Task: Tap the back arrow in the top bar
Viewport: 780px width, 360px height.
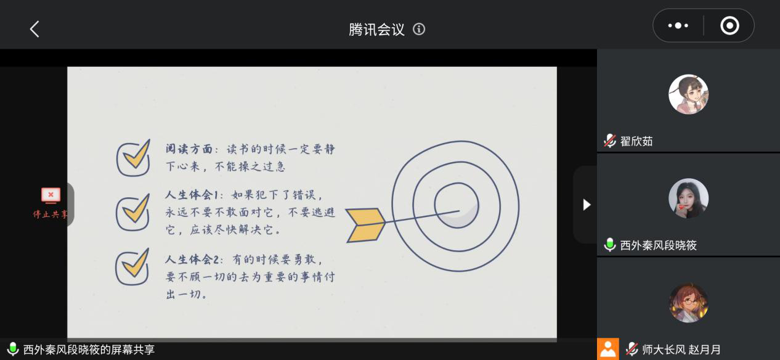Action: click(x=35, y=29)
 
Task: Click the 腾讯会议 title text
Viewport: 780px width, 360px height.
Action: click(x=376, y=29)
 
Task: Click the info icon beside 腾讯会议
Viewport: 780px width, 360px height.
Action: click(x=419, y=29)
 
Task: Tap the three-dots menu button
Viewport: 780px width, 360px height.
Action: click(x=678, y=25)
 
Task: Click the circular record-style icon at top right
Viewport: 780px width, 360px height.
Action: click(x=729, y=25)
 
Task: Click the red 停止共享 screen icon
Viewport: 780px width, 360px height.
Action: click(x=51, y=195)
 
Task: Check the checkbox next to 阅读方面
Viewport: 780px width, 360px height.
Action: click(x=133, y=158)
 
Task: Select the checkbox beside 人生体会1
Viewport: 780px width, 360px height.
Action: click(x=133, y=213)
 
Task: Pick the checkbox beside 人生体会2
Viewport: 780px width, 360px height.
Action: click(x=132, y=267)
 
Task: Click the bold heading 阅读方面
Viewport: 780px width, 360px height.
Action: click(x=189, y=149)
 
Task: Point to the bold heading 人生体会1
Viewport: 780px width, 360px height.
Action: click(x=192, y=194)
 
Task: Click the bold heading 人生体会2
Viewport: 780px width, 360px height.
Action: click(x=192, y=260)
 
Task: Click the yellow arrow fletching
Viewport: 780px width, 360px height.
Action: click(x=365, y=225)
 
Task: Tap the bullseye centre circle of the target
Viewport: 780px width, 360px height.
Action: click(x=457, y=206)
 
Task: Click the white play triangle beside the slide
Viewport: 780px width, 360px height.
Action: click(x=587, y=205)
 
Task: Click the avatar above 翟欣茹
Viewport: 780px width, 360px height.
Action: click(x=688, y=94)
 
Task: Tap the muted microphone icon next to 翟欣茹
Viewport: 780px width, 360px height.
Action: click(x=610, y=141)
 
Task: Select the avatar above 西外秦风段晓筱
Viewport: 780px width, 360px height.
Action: click(x=688, y=198)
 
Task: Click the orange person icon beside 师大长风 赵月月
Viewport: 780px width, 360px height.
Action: click(x=608, y=349)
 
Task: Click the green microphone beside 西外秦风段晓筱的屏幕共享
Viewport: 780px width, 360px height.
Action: click(x=13, y=349)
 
